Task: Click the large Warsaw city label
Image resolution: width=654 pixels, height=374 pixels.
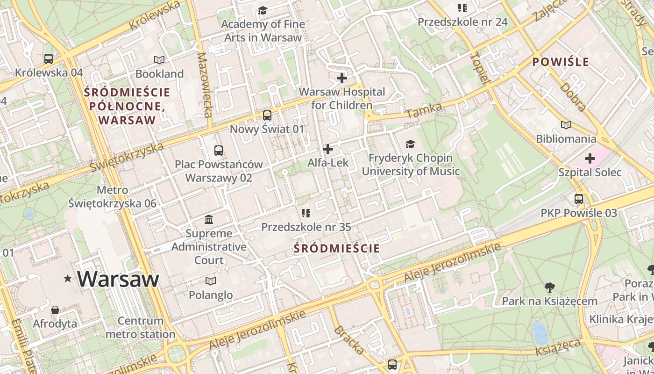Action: [x=118, y=279]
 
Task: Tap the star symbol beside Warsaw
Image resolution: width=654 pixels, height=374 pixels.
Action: [x=68, y=279]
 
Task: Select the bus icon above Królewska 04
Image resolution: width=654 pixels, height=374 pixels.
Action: [x=49, y=59]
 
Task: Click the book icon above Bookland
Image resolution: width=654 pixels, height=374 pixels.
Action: [x=159, y=60]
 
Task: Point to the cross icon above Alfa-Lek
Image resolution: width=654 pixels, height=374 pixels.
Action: [x=328, y=149]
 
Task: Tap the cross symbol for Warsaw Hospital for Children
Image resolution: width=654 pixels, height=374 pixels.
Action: [x=342, y=78]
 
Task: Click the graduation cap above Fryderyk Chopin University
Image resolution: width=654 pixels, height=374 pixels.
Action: [x=410, y=144]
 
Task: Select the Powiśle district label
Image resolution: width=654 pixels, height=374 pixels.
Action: [x=561, y=62]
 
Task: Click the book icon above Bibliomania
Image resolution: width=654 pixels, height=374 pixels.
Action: [x=566, y=125]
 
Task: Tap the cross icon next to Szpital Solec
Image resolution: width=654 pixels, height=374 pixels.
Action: [x=590, y=158]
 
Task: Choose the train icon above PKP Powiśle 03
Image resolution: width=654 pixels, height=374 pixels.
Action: [x=579, y=199]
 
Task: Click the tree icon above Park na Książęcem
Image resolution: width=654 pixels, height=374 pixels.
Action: [x=550, y=288]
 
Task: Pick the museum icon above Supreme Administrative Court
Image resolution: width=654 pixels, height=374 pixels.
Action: [x=209, y=219]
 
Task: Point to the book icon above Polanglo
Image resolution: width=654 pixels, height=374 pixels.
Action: [x=211, y=281]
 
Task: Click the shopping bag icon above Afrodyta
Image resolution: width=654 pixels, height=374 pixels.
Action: [x=55, y=309]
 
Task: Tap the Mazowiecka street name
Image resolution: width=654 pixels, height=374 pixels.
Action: [x=205, y=85]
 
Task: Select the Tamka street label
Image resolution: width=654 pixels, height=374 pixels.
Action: [x=424, y=111]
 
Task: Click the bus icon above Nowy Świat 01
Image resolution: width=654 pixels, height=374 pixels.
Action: [x=267, y=115]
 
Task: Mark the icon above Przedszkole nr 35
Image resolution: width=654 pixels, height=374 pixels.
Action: [x=306, y=213]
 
